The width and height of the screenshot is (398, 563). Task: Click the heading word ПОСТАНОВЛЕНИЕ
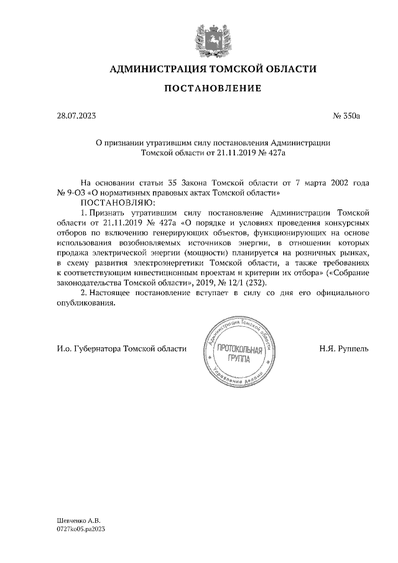212,89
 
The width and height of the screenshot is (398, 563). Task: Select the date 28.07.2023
76,116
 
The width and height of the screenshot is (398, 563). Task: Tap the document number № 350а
348,116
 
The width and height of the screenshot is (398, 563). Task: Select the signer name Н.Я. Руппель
344,349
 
